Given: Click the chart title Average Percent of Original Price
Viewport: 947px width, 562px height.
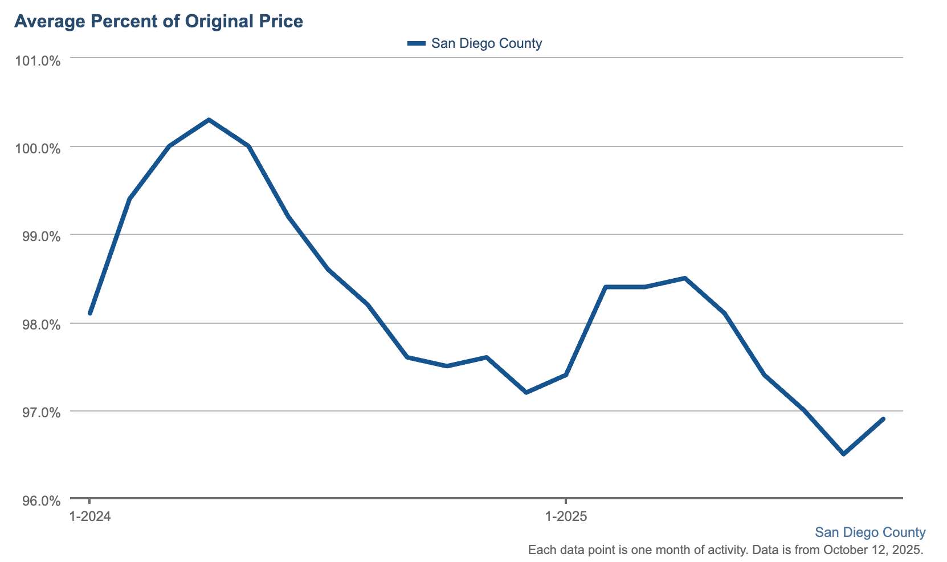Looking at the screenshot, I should coord(158,22).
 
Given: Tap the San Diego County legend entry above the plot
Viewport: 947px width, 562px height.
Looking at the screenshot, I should coord(486,43).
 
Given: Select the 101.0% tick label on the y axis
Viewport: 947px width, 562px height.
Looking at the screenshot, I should coord(37,61).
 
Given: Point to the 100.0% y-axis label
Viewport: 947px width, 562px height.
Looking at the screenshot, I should coord(37,149).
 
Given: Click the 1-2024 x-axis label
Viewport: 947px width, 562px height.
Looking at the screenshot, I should coord(89,517).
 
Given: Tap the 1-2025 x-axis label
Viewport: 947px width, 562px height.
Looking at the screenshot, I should coord(566,517).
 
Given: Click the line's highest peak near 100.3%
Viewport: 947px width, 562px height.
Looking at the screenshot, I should coord(209,120).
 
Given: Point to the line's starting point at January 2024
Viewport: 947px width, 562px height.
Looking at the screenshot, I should coord(90,313).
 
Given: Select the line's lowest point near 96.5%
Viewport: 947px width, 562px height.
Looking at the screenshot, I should coord(844,454).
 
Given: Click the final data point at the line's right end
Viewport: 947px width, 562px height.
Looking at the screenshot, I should coord(883,419).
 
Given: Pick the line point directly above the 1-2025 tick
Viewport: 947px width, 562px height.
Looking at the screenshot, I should coord(566,374).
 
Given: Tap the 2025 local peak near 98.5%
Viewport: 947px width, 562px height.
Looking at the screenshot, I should coord(685,278).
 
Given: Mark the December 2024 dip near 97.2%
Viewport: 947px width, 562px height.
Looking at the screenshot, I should coord(526,393).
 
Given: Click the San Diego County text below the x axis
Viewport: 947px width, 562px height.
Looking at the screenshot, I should coord(870,532).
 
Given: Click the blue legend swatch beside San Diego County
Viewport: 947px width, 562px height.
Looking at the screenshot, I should coord(417,43).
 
